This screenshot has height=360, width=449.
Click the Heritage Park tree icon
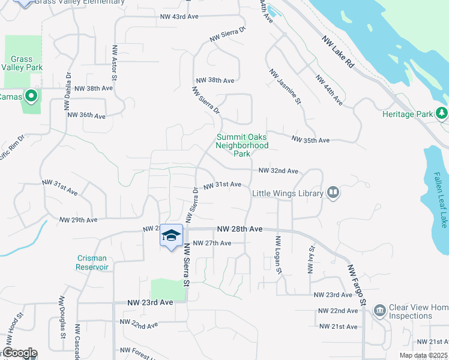[442, 113]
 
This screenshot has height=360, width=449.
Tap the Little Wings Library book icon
[333, 193]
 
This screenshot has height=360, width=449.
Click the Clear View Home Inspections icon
[379, 310]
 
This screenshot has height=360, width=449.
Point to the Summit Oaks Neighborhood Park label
[242, 145]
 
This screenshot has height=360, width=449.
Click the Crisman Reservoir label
[92, 262]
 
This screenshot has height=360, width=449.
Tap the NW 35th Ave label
[310, 140]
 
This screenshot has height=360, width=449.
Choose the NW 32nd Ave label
[278, 171]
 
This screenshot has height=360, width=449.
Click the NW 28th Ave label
[240, 229]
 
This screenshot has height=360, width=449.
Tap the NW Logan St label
[278, 256]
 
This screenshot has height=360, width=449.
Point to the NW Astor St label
[113, 61]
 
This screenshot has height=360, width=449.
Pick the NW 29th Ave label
[78, 220]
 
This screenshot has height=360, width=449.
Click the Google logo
[20, 353]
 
